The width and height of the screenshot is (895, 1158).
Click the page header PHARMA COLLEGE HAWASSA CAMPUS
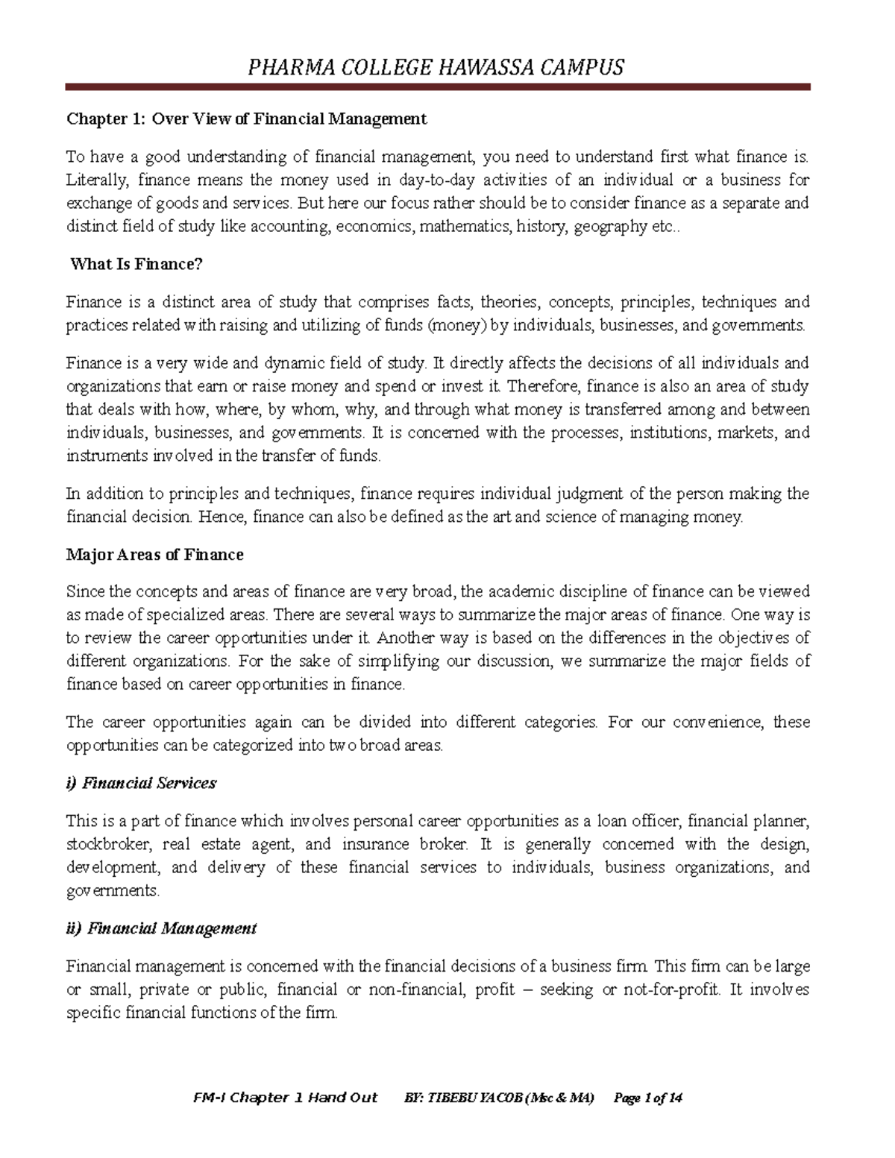[436, 68]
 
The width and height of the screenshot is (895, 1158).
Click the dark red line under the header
[438, 87]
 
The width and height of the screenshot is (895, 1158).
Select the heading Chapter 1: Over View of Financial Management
[246, 119]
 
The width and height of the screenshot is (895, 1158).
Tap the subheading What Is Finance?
[136, 264]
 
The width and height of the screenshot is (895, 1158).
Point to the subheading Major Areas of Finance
[154, 555]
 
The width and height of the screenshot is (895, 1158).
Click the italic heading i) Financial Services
[141, 783]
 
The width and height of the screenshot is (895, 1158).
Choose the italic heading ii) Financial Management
[161, 928]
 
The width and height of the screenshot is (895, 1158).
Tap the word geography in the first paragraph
[610, 227]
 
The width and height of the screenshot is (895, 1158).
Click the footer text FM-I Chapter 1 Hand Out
[285, 1098]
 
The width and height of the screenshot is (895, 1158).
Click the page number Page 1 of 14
[647, 1098]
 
